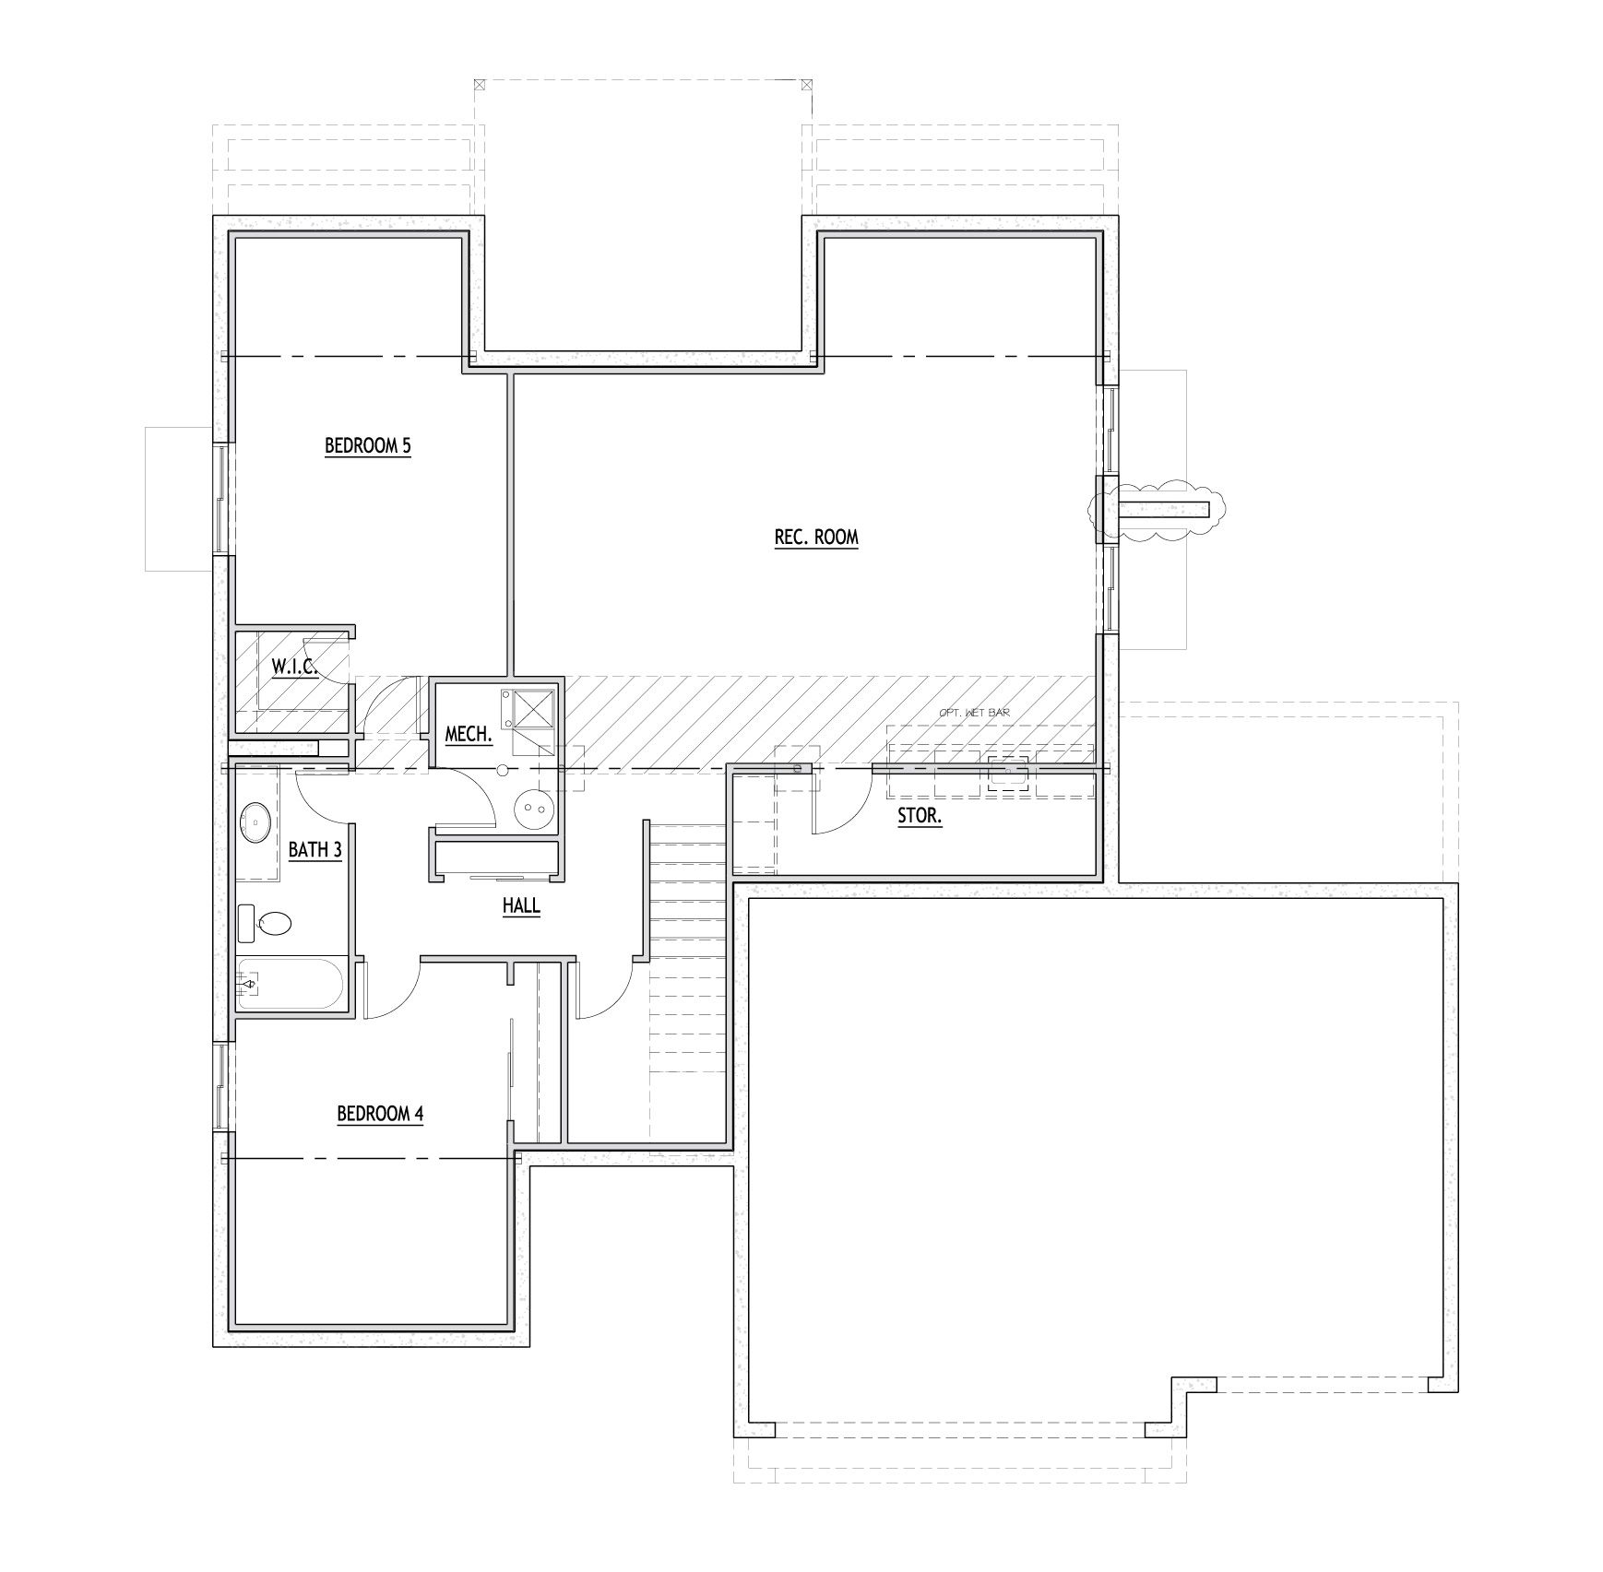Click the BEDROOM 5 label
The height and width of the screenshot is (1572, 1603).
pyautogui.click(x=367, y=446)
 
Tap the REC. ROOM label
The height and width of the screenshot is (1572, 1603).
pyautogui.click(x=816, y=537)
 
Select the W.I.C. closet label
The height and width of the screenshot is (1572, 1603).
pyautogui.click(x=294, y=666)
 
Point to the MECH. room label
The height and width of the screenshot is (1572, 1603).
pyautogui.click(x=468, y=735)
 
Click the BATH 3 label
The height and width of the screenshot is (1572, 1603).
pyautogui.click(x=315, y=849)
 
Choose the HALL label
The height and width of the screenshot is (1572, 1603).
pyautogui.click(x=521, y=905)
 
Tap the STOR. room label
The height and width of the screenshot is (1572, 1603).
pyautogui.click(x=920, y=816)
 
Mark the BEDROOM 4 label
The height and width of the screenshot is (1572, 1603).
pyautogui.click(x=380, y=1114)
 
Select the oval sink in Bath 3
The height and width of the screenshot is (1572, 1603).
pyautogui.click(x=255, y=821)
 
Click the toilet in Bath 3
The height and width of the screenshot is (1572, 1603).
pyautogui.click(x=273, y=923)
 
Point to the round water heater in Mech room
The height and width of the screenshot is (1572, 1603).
pyautogui.click(x=534, y=809)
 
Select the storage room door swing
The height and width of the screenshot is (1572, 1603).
pyautogui.click(x=839, y=802)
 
